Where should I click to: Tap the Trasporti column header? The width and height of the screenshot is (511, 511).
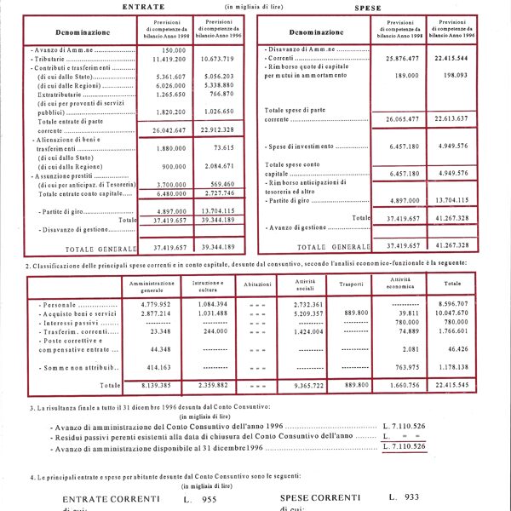pos(351,284)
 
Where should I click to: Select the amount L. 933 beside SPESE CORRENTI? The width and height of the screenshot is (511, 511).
pos(401,496)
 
